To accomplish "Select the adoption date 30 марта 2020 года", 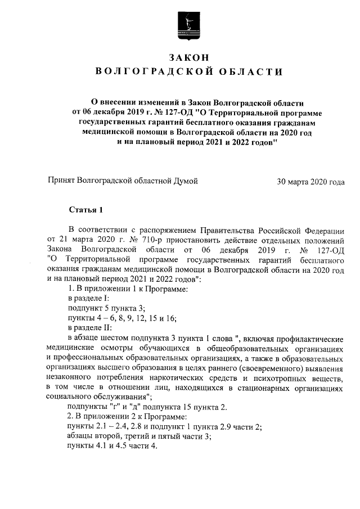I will [x=310, y=181].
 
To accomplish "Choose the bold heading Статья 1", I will [x=86, y=211].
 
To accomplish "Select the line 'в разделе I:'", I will [x=88, y=298].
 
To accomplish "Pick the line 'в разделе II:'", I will [x=89, y=327].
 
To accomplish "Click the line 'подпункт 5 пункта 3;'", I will [x=106, y=308].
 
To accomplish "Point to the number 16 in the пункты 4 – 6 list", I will [x=170, y=318].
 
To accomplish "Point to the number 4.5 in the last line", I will [x=125, y=447].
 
